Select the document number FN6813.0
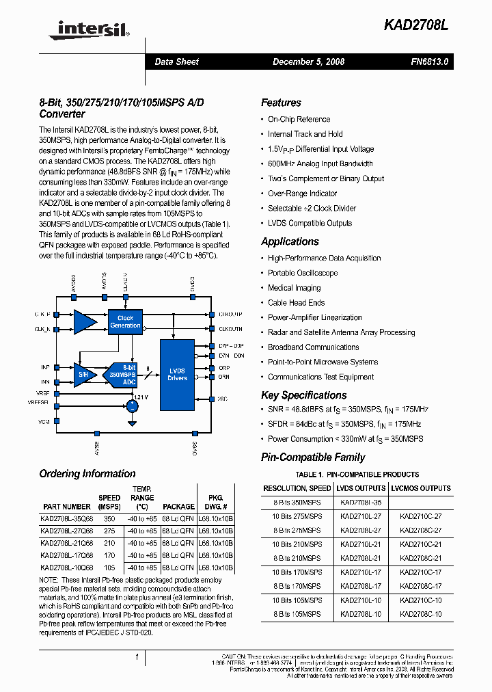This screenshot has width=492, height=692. coord(429,62)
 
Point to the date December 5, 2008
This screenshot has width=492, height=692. coord(308,62)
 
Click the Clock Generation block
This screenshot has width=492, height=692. coord(125,322)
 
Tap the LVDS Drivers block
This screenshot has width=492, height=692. coord(177,374)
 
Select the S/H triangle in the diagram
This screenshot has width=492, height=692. coord(84,374)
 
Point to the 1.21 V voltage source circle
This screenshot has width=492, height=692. coord(131,405)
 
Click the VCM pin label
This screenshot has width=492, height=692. coord(44,422)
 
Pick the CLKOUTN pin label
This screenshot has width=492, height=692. coord(230,329)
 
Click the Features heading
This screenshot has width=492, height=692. coord(281,103)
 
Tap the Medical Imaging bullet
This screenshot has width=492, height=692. coord(294,288)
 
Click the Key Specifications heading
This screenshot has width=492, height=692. coord(303,395)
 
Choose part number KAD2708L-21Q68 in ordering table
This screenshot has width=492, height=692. coord(66,543)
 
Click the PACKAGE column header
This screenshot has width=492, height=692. coord(178,507)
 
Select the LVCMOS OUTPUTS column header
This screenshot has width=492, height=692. coord(420,488)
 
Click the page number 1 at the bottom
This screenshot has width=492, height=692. coord(137,658)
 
